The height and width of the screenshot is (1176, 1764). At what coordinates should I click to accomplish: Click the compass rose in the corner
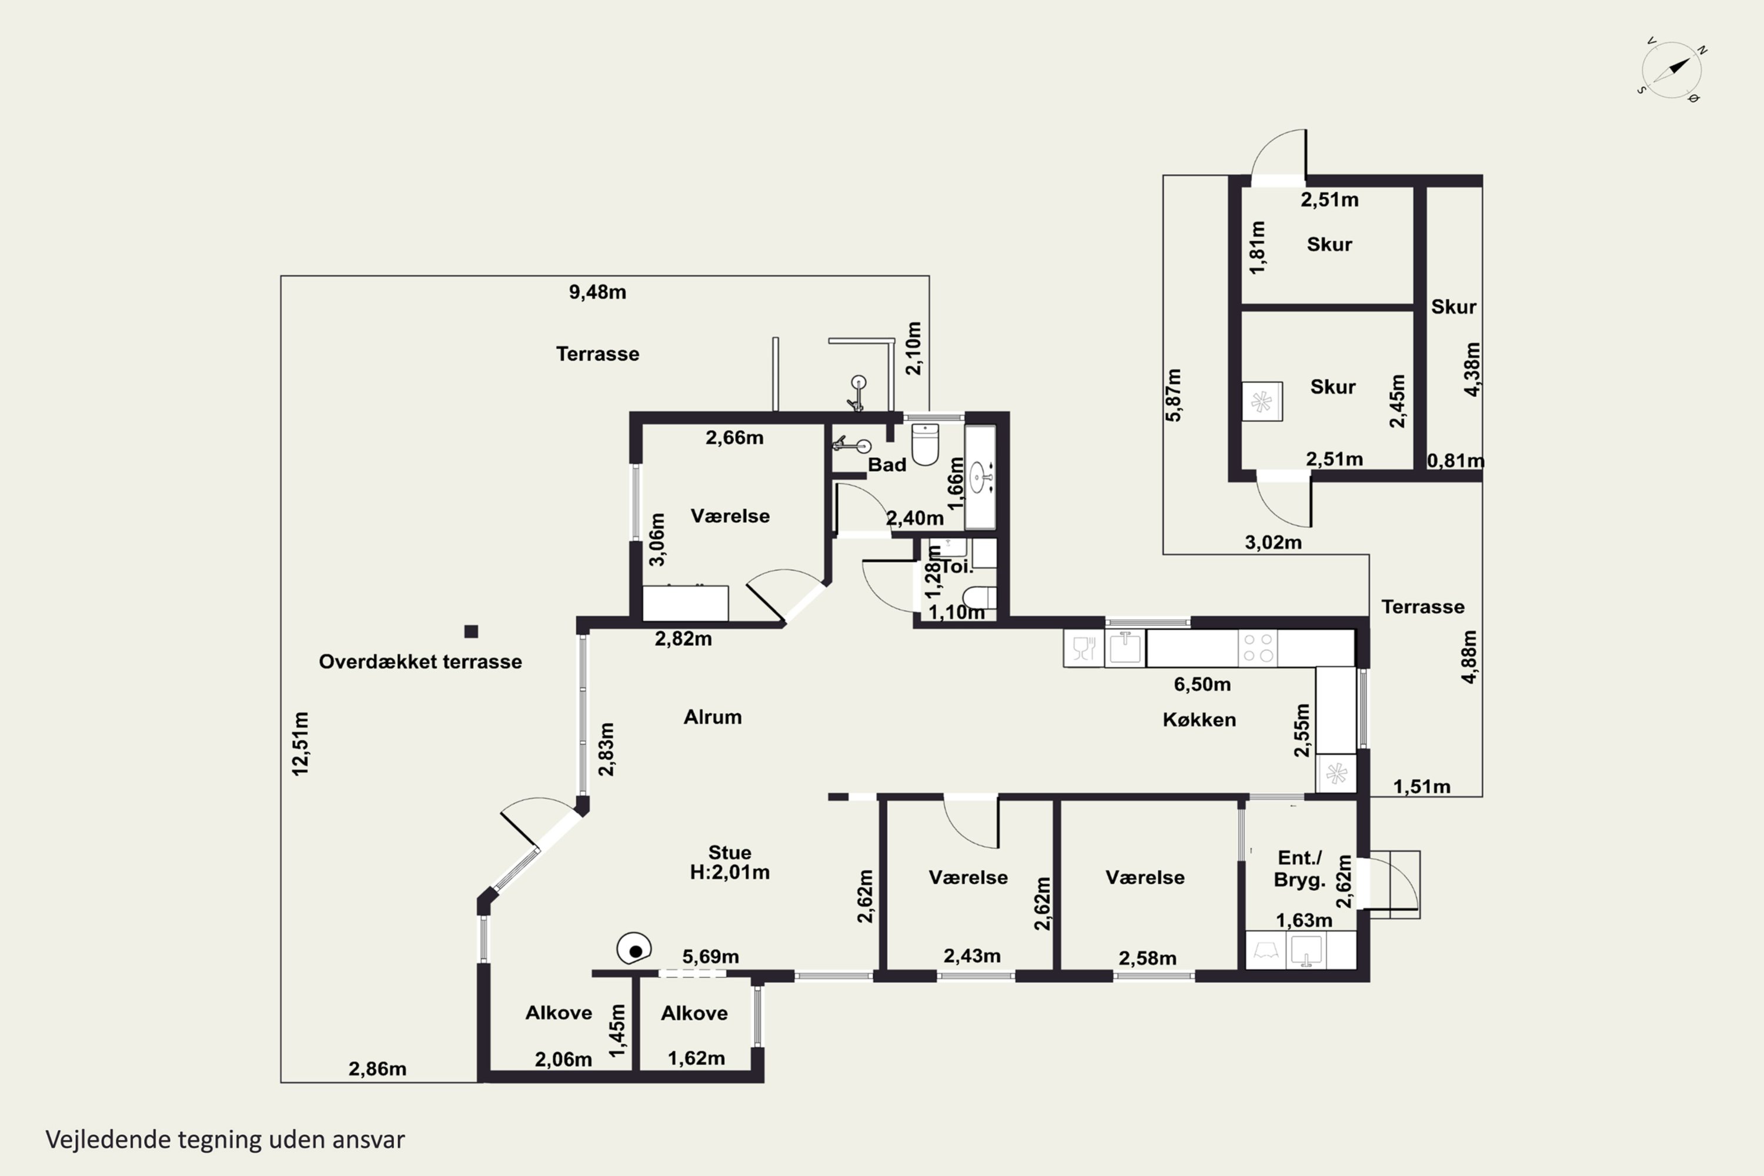pyautogui.click(x=1671, y=70)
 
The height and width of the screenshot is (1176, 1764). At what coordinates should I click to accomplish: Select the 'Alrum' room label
pyautogui.click(x=713, y=717)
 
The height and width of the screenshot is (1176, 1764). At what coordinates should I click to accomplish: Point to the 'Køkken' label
pyautogui.click(x=1200, y=719)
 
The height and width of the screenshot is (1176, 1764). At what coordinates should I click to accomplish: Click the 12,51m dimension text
pyautogui.click(x=300, y=743)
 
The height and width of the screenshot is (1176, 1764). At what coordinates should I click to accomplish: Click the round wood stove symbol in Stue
pyautogui.click(x=634, y=949)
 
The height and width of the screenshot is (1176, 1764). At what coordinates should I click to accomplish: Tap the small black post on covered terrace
pyautogui.click(x=471, y=632)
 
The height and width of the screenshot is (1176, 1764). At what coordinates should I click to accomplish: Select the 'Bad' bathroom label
pyautogui.click(x=887, y=465)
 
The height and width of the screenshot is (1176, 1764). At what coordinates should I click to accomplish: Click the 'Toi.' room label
pyautogui.click(x=957, y=566)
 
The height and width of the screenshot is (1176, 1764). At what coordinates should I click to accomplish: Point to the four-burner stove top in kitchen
pyautogui.click(x=1258, y=647)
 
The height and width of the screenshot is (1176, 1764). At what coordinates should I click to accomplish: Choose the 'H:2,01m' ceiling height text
pyautogui.click(x=730, y=872)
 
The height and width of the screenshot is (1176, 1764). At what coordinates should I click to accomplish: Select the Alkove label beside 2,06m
pyautogui.click(x=559, y=1013)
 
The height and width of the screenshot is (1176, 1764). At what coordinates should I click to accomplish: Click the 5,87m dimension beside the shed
pyautogui.click(x=1174, y=395)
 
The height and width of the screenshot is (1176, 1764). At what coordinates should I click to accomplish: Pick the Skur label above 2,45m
pyautogui.click(x=1333, y=386)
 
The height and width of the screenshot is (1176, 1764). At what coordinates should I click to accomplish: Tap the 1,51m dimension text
pyautogui.click(x=1422, y=787)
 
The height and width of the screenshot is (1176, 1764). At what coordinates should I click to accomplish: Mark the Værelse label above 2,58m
pyautogui.click(x=1145, y=877)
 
